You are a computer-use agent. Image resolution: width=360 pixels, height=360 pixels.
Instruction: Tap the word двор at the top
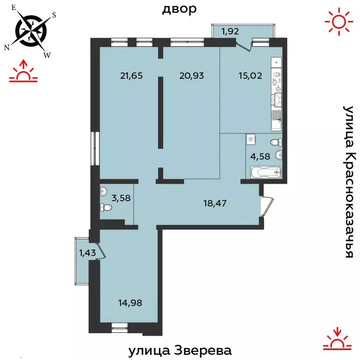point(179,9)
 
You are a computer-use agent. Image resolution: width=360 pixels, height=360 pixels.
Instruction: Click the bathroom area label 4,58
point(260,156)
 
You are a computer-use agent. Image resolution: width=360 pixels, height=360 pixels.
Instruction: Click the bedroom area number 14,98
point(131,302)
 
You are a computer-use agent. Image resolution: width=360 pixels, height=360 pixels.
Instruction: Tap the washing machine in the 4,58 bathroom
point(251,139)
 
